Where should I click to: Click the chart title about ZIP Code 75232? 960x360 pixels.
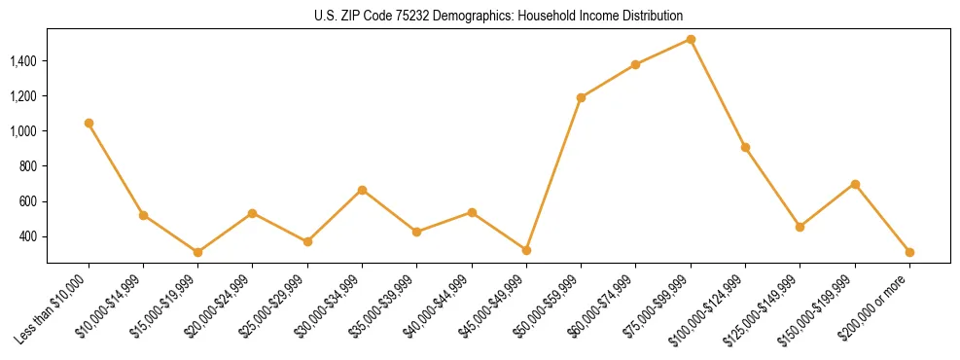coord(499,17)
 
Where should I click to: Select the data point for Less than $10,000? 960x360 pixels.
coord(89,124)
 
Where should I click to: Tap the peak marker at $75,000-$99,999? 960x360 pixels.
coord(691,40)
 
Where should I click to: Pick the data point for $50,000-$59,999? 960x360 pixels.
coord(581,97)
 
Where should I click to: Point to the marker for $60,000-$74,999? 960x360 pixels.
coord(635,65)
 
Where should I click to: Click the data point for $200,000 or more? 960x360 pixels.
coord(909,252)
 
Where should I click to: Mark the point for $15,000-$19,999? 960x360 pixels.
coord(198,252)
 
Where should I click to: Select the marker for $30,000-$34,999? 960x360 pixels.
coord(362,190)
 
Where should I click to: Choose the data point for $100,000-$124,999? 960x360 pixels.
coord(745,147)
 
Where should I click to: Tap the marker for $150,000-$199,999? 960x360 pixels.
coord(855,184)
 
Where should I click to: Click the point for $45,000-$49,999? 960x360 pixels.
coord(526,250)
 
